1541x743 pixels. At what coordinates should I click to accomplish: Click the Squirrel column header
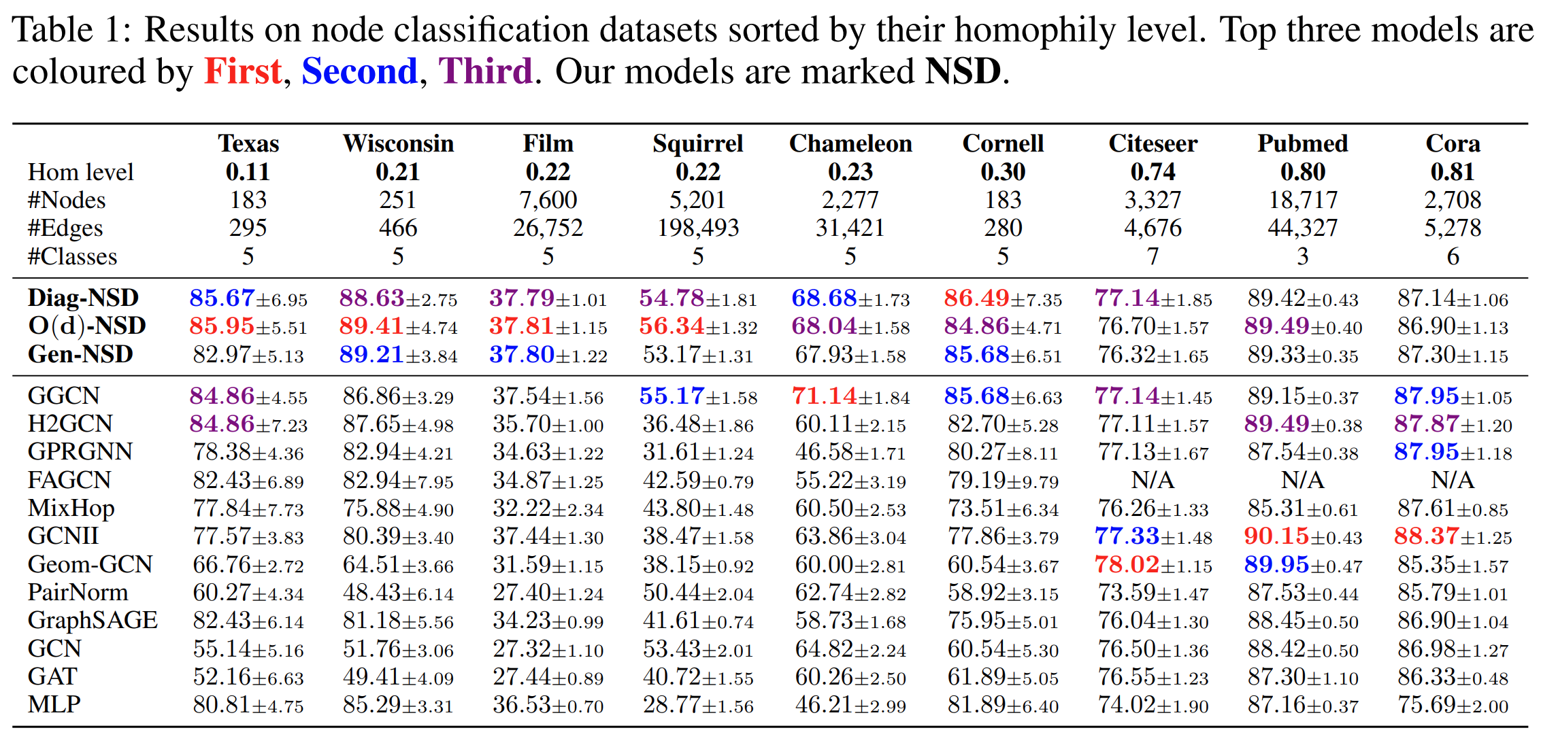pos(697,143)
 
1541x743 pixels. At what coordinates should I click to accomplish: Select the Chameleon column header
pos(850,143)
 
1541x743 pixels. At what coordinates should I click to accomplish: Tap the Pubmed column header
pos(1302,143)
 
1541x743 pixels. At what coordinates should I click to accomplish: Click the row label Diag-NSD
pos(83,298)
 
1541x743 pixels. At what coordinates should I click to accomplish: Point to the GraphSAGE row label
pos(93,620)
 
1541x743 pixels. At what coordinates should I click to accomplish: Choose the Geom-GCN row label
pos(90,564)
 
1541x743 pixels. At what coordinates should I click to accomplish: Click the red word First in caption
pos(243,71)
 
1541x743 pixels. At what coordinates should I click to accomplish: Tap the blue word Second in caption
pos(359,71)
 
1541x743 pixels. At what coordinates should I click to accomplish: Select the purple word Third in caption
pos(485,71)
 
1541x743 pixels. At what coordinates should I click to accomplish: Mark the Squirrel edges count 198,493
pos(697,228)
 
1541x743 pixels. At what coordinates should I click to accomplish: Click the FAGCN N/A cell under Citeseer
pos(1153,480)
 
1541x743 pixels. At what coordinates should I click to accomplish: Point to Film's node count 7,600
pos(548,200)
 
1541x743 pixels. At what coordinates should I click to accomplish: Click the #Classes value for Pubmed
pos(1302,256)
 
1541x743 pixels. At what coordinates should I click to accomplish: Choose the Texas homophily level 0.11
pos(248,172)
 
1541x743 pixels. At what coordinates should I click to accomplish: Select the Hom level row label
pos(80,172)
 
